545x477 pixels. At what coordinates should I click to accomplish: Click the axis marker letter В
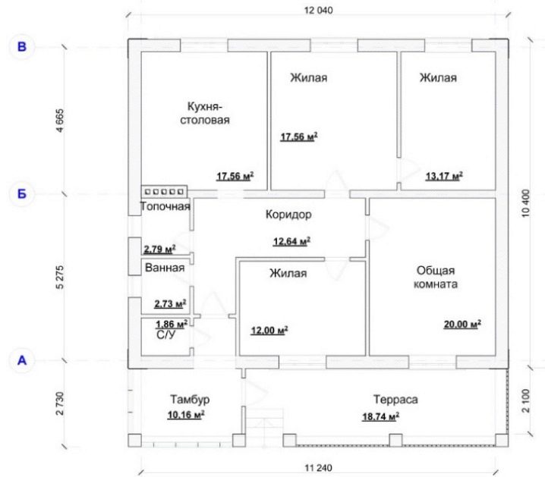click(x=22, y=46)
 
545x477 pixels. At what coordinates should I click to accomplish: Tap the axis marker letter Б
click(x=22, y=193)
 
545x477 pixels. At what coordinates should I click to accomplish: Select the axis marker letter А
click(x=22, y=360)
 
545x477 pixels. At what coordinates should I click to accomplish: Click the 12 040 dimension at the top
click(x=318, y=11)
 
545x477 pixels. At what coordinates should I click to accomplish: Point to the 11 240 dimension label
click(x=318, y=468)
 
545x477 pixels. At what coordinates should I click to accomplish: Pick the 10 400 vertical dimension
click(x=525, y=203)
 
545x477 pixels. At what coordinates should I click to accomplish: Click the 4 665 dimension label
click(x=60, y=121)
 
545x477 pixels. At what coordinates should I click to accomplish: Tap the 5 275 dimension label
click(x=60, y=277)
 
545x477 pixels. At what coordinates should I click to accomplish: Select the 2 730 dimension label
click(x=60, y=403)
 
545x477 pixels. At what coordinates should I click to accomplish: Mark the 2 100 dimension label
click(x=526, y=400)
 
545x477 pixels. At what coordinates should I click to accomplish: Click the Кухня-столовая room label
click(x=205, y=113)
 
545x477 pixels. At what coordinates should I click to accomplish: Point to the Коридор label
click(x=288, y=215)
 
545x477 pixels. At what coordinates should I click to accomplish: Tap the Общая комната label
click(x=436, y=278)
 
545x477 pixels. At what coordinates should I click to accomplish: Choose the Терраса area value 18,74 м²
click(x=380, y=416)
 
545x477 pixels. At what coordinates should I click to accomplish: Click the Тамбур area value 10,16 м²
click(x=186, y=415)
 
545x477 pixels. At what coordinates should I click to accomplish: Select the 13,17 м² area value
click(x=444, y=176)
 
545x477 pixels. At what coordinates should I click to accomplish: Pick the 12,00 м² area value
click(x=269, y=330)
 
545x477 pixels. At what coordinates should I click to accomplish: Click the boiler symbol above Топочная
click(x=164, y=192)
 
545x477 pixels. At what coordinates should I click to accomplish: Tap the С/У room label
click(x=165, y=335)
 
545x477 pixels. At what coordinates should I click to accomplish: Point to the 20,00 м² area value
click(x=462, y=325)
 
